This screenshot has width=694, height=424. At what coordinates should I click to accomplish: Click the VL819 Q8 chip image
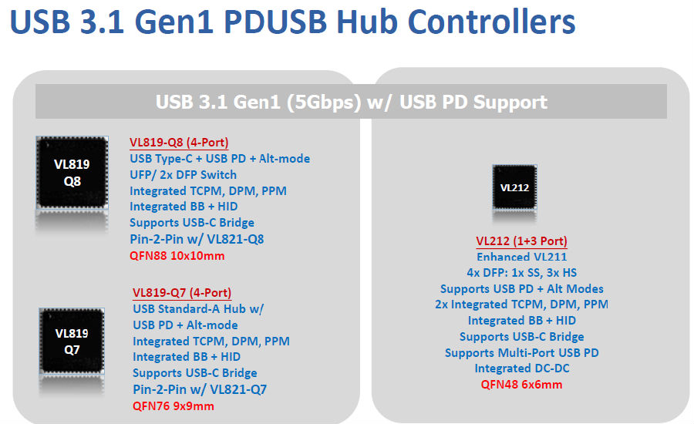coord(72,172)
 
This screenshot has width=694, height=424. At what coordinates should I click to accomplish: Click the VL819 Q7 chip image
coord(72,342)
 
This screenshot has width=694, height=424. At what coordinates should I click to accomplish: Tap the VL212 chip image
coord(514,187)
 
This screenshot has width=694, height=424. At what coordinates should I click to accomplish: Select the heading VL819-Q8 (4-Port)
coord(179,143)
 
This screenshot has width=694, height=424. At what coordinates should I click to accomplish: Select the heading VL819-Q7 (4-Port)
coord(182,292)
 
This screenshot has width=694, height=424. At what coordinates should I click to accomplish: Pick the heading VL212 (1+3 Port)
coord(521,241)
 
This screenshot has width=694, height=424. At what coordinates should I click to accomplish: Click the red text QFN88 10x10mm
coord(177,256)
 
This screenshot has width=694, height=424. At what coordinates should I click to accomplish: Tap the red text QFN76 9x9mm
coord(173,406)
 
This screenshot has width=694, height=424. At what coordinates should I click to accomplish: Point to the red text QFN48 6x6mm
coord(521,385)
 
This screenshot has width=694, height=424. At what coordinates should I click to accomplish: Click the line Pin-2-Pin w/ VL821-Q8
coord(197,240)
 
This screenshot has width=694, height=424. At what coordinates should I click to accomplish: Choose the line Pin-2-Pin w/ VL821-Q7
coord(200,389)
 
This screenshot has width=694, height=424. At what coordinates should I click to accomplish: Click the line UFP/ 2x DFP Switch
coord(183,175)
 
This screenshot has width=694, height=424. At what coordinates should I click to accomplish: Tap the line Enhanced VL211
coord(521,257)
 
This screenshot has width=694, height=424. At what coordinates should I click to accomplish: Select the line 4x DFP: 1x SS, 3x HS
coord(521,273)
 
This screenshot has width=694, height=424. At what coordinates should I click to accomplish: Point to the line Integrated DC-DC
coord(522,368)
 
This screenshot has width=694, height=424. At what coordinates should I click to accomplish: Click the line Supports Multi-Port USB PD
coord(521,353)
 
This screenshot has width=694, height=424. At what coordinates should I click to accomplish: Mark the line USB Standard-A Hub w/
coord(198,309)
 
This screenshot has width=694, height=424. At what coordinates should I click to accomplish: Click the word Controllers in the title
coord(491,22)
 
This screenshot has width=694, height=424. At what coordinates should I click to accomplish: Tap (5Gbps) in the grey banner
coord(325,103)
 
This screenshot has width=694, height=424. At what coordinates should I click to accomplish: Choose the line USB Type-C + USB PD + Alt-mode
coord(220,159)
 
